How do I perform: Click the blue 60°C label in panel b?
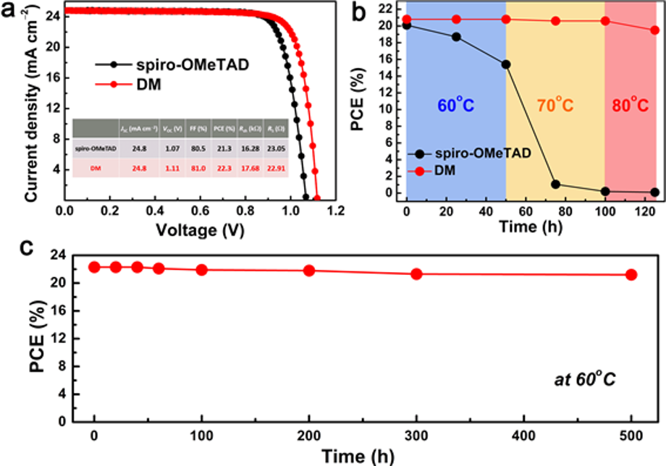(456, 106)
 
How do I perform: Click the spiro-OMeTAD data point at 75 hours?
(555, 184)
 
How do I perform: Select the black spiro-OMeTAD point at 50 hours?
(506, 64)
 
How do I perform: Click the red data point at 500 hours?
(631, 274)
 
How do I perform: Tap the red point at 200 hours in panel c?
(309, 271)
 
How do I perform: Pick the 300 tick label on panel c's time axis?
(416, 436)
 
